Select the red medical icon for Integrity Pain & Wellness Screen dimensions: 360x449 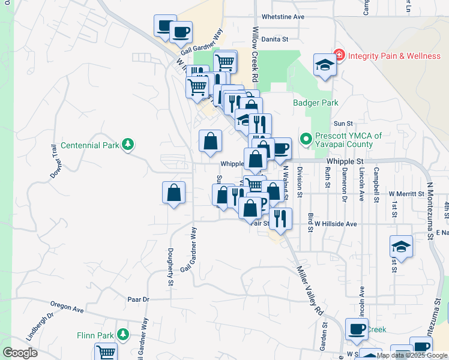coord(339,55)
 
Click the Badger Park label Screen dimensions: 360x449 coord(316,103)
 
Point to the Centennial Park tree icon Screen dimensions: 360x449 coord(127,144)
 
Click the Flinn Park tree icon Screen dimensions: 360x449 coord(123,334)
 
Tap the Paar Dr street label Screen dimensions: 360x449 coord(137,299)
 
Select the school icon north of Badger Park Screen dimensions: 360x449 coord(325,65)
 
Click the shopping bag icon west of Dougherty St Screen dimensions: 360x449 coord(173,193)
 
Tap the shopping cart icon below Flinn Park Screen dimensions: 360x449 coord(106,352)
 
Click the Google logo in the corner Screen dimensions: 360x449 coord(20,352)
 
